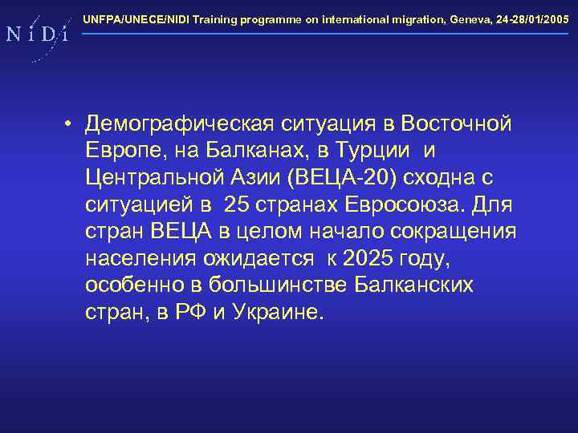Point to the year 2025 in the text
pyautogui.click(x=374, y=258)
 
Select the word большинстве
pyautogui.click(x=279, y=285)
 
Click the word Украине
pyautogui.click(x=278, y=312)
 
